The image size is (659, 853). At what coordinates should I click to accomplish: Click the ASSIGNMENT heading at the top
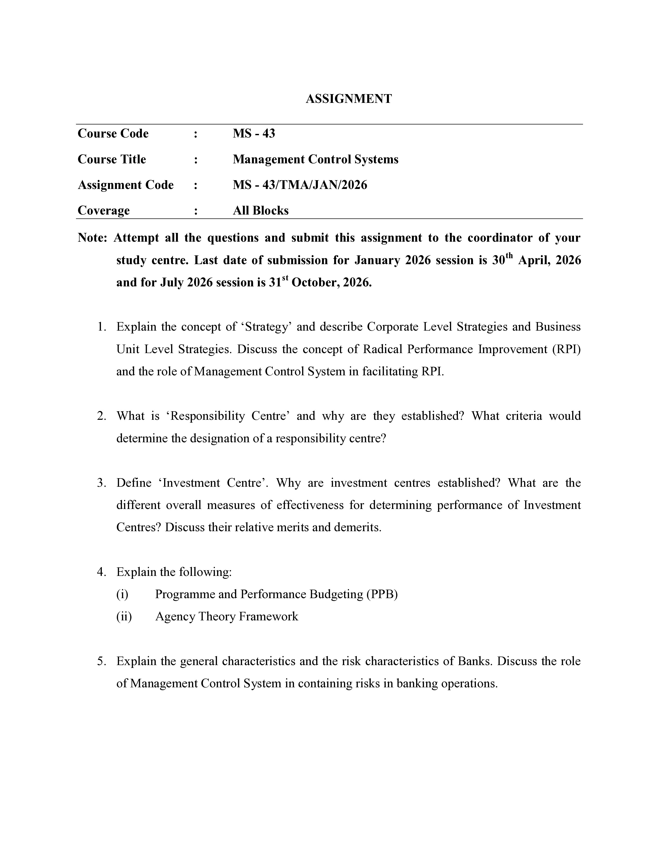coord(348,99)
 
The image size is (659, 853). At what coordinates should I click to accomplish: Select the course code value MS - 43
coord(254,134)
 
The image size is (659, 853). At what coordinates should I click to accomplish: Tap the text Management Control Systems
coord(316,159)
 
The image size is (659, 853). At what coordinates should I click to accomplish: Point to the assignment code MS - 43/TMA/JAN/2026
coord(300,185)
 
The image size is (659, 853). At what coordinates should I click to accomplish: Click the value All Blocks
coord(260,210)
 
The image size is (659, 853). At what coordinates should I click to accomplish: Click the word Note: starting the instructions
coord(93,238)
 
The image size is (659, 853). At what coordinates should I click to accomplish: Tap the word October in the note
coord(315,282)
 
